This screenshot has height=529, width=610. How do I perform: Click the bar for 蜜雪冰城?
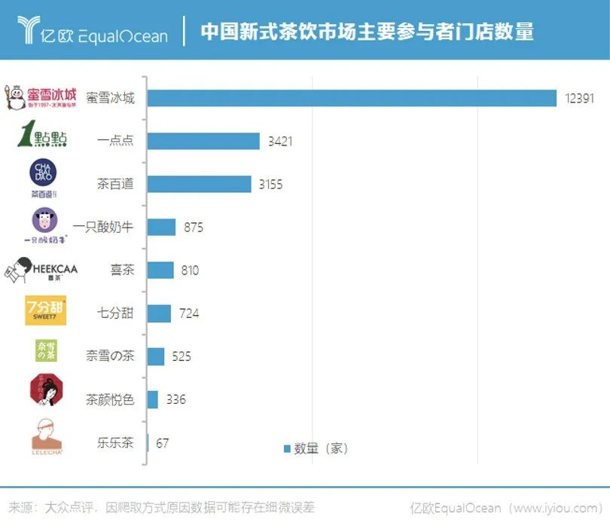352,98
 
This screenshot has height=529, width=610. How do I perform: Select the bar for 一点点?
203,141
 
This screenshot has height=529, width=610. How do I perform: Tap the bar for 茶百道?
199,184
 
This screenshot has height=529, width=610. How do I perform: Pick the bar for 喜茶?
160,270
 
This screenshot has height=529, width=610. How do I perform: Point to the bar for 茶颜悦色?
153,399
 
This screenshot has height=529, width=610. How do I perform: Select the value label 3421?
279,141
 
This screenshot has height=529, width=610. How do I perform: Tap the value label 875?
194,227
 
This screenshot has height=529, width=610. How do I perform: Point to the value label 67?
163,442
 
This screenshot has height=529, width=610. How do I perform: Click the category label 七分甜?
116,313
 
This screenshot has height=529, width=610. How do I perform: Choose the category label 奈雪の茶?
110,356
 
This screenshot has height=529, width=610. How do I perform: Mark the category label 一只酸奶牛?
104,227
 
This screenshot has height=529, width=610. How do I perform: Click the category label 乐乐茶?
116,442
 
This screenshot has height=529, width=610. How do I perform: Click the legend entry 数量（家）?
316,448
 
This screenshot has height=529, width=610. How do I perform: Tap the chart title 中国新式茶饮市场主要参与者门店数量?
367,32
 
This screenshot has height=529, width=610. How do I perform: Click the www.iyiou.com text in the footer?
557,507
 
